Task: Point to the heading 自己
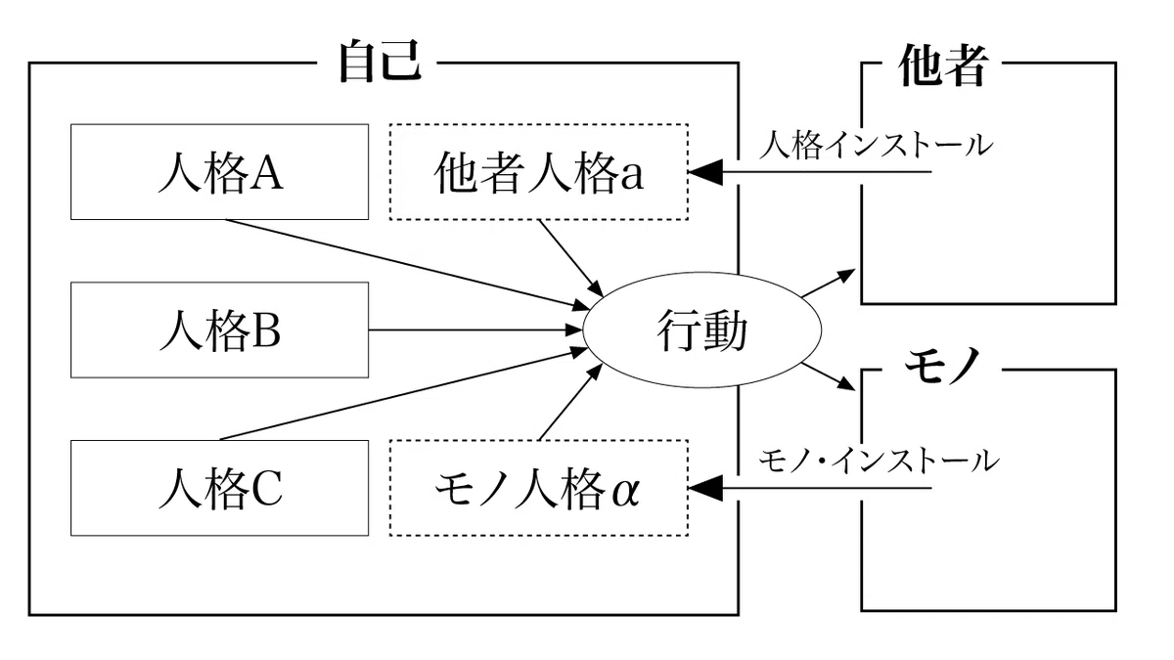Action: click(381, 62)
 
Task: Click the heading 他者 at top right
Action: click(943, 65)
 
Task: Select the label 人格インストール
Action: click(876, 146)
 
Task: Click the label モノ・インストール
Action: click(879, 462)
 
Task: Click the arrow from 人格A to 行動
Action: click(408, 265)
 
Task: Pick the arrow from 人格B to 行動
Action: click(475, 330)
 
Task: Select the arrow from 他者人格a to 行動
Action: click(571, 258)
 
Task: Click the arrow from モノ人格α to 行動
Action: click(570, 402)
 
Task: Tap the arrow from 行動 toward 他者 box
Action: click(829, 283)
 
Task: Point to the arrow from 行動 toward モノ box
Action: click(829, 376)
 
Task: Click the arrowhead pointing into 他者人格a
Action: click(705, 172)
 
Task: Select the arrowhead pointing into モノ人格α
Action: click(705, 488)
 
